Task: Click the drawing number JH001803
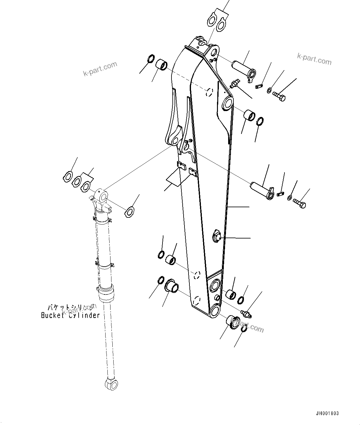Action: tap(327, 413)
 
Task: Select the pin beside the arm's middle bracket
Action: tap(262, 190)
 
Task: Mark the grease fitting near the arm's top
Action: tap(235, 84)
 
